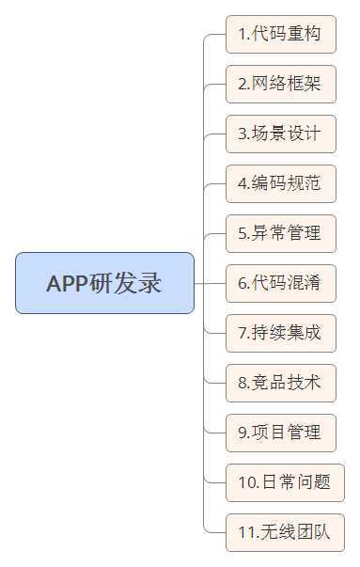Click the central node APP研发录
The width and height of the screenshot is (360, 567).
click(x=104, y=283)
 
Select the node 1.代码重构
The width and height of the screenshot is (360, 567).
click(x=280, y=35)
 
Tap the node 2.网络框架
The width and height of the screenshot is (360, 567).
click(x=280, y=85)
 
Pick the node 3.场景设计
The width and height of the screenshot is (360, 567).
click(x=280, y=134)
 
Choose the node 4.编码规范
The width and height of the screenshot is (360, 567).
click(x=280, y=183)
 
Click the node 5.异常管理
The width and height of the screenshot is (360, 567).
click(x=280, y=233)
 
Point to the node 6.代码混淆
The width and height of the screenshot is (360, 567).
click(x=280, y=282)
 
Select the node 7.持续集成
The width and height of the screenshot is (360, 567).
click(x=280, y=332)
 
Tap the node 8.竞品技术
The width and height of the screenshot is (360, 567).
click(x=280, y=382)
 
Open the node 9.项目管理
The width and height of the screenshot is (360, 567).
click(x=280, y=432)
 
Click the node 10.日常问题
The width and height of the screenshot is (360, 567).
click(x=285, y=482)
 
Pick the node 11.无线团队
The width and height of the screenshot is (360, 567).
click(x=285, y=532)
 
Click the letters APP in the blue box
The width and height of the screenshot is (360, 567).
click(x=67, y=283)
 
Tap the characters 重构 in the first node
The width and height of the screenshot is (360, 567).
click(x=301, y=35)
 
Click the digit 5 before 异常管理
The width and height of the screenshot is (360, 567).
click(x=243, y=233)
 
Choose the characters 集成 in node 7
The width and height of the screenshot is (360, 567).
click(x=301, y=332)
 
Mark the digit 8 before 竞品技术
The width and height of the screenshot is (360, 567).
click(x=243, y=383)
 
